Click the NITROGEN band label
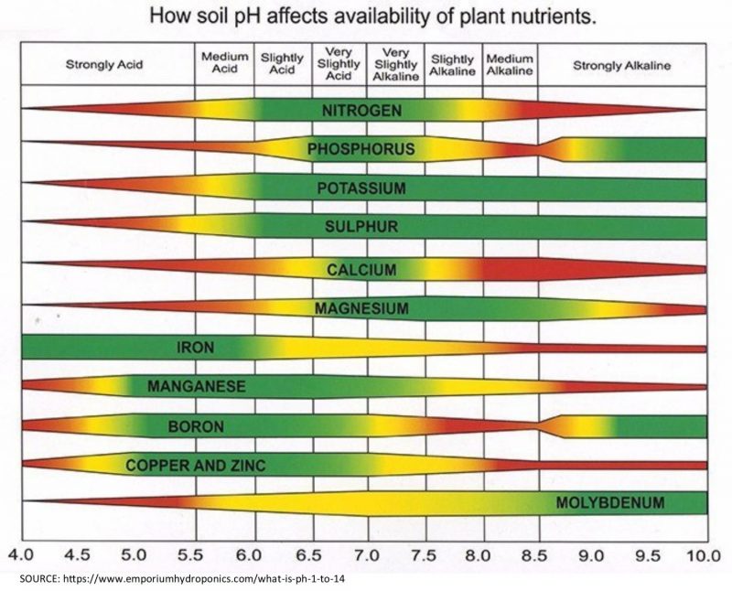click(361, 110)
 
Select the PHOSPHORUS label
click(361, 149)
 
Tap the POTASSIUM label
click(361, 189)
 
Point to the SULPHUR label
click(361, 227)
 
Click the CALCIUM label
click(361, 270)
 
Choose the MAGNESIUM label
click(361, 308)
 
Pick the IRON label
click(196, 348)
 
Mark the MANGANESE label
click(196, 387)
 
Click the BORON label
click(196, 426)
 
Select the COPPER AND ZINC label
click(196, 466)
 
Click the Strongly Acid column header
click(103, 66)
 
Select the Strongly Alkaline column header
click(621, 66)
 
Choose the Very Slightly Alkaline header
click(395, 65)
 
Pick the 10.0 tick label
click(704, 554)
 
